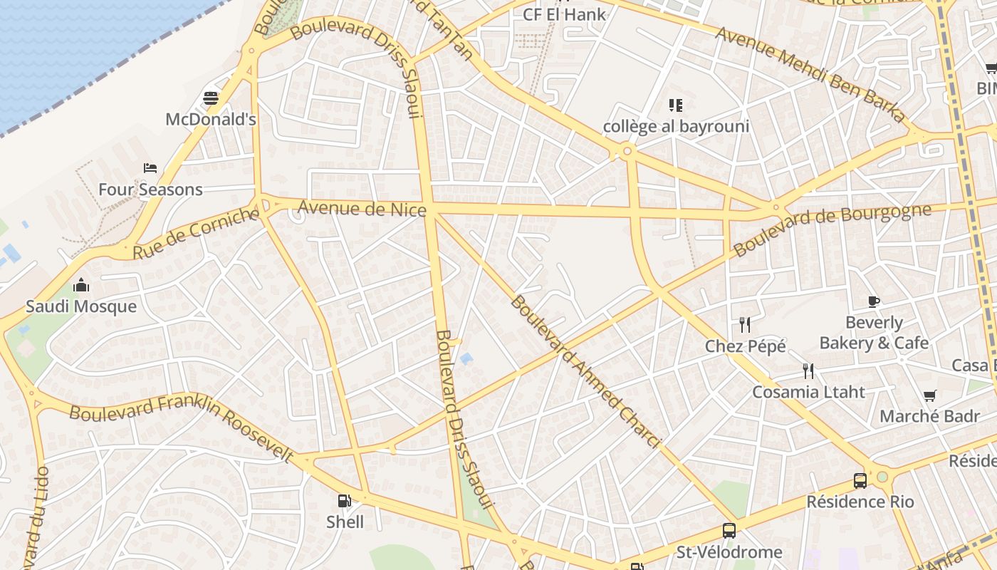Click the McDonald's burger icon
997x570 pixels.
(x=211, y=98)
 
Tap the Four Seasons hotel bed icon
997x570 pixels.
(x=150, y=168)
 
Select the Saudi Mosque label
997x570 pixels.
(x=81, y=306)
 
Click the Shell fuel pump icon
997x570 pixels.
(x=345, y=501)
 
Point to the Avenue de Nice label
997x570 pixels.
(x=362, y=208)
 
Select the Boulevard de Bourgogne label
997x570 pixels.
(x=832, y=229)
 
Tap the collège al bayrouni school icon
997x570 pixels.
(x=676, y=106)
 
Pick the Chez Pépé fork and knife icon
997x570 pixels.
(x=745, y=325)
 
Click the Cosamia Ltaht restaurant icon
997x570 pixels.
(x=808, y=371)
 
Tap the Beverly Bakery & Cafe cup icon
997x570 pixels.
(x=874, y=301)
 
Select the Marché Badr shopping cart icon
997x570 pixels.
(x=929, y=395)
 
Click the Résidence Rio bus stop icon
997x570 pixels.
(x=860, y=480)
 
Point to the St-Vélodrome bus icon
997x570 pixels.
(x=729, y=530)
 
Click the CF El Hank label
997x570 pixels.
(x=564, y=14)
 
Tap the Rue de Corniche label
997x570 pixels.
(x=196, y=233)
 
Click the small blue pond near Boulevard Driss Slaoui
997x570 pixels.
(x=466, y=358)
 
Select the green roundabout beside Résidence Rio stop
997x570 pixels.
(x=883, y=477)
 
